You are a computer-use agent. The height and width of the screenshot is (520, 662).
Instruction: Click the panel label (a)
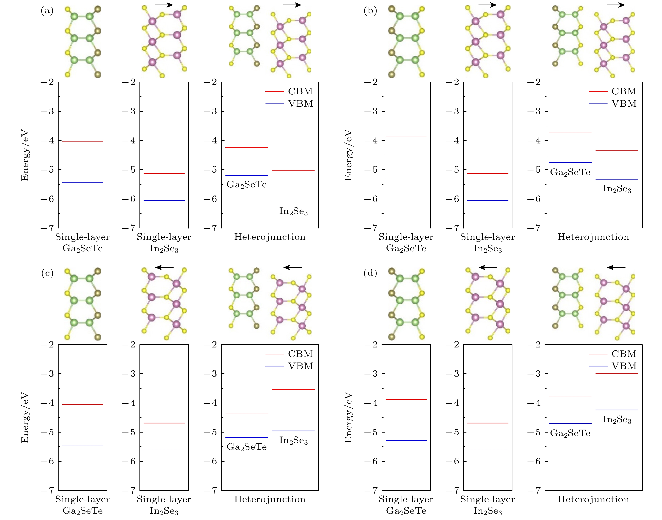tap(47, 11)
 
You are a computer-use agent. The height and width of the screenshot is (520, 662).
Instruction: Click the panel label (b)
tap(370, 11)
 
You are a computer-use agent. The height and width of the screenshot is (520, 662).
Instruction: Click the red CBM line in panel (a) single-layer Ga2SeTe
tap(83, 141)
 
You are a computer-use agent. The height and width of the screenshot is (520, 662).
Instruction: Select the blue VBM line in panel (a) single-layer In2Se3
tap(164, 200)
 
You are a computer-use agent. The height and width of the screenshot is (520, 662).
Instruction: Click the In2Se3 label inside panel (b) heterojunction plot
tap(617, 189)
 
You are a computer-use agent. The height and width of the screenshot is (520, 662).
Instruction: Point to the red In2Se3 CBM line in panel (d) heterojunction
tap(617, 374)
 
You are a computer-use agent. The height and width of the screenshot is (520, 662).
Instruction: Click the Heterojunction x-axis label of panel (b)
tap(593, 237)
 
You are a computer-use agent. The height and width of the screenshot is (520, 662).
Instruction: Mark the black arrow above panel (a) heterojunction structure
tap(292, 5)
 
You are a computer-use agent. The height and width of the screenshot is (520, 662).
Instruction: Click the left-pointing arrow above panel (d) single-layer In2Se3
tap(488, 268)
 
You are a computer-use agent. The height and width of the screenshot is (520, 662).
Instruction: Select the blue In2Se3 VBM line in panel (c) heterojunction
tap(293, 431)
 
